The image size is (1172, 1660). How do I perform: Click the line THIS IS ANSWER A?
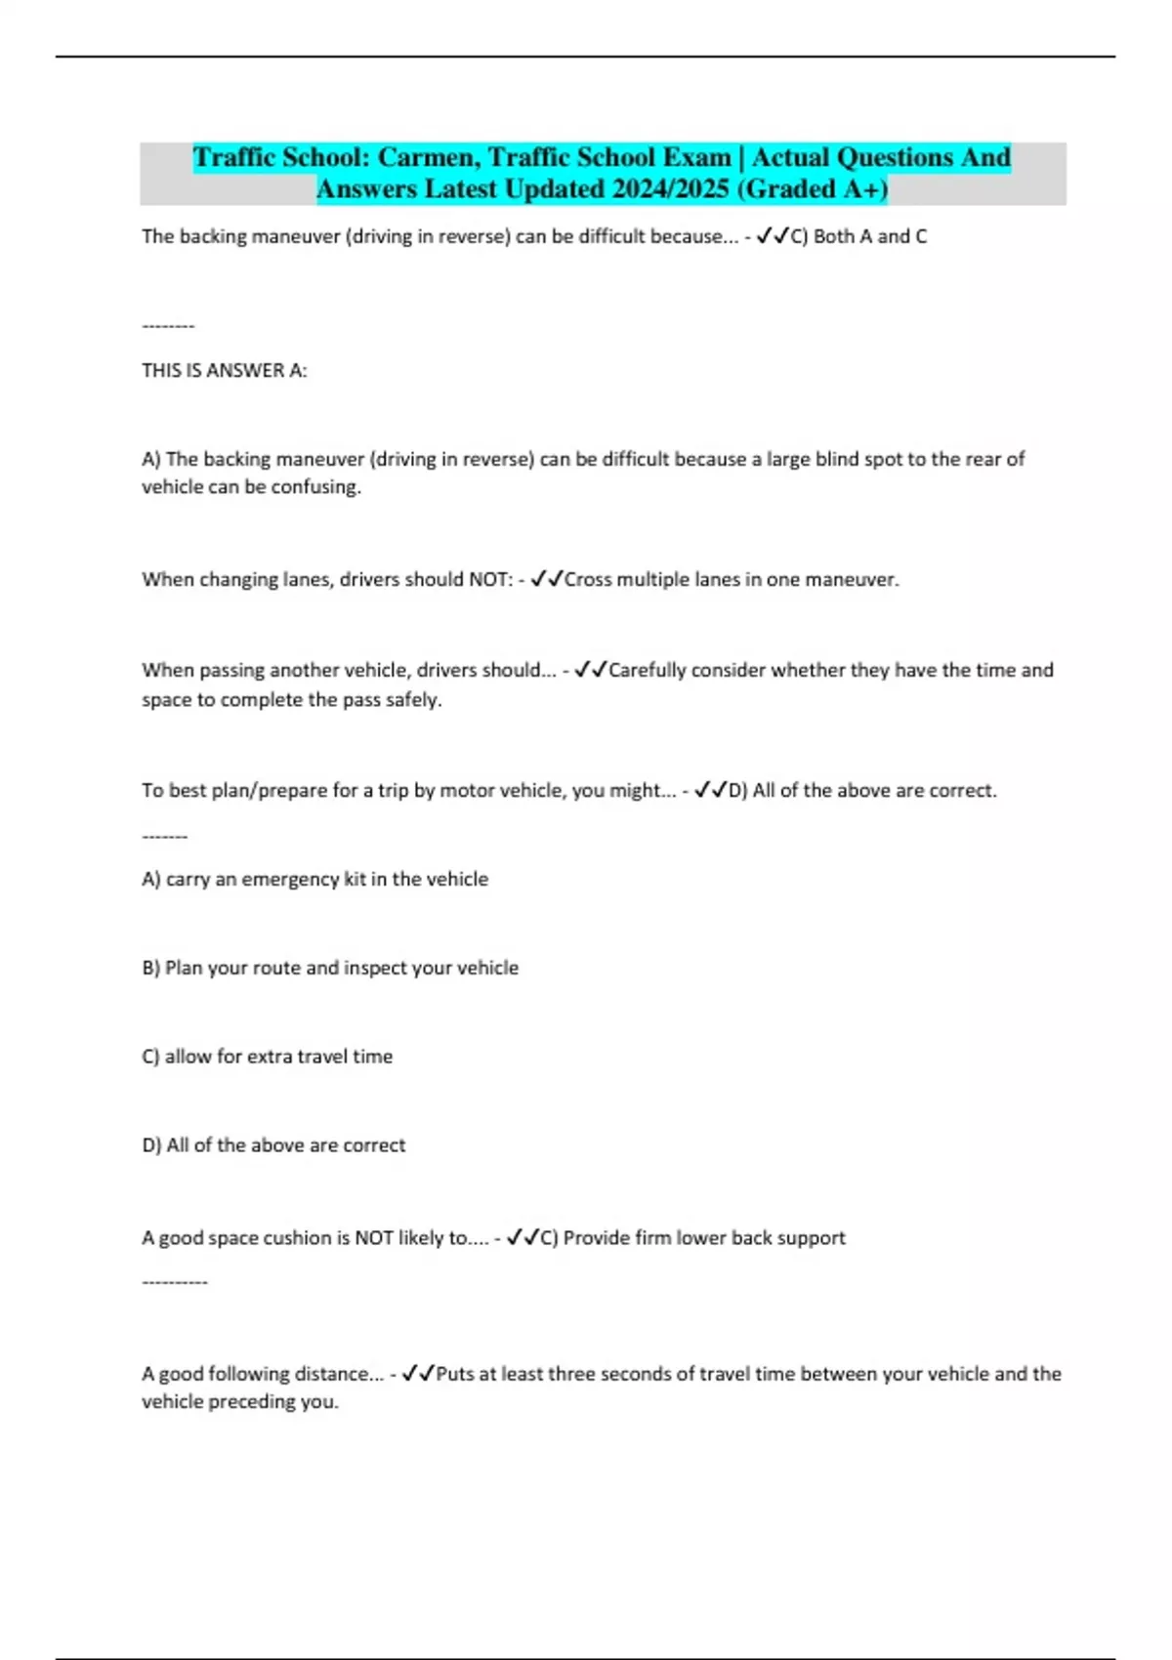click(225, 371)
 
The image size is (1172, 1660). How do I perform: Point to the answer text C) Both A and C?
click(858, 236)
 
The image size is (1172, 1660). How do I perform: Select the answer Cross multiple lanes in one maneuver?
click(732, 580)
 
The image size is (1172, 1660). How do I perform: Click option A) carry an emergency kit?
click(314, 880)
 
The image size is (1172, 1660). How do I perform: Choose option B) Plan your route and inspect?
click(330, 969)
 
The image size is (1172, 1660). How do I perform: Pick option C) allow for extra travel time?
click(267, 1057)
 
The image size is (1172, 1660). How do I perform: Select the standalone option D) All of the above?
click(273, 1145)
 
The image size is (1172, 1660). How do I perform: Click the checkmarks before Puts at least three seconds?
click(418, 1374)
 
